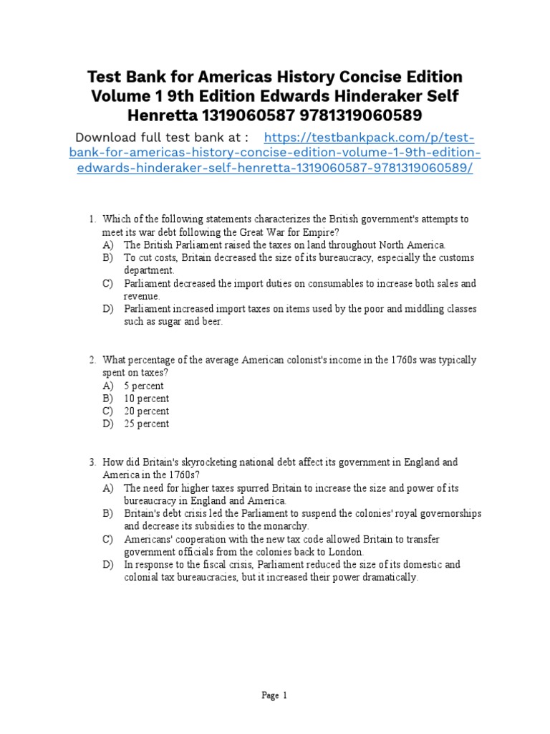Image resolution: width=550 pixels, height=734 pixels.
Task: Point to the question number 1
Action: click(92, 219)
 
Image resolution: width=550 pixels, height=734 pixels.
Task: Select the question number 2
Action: click(92, 360)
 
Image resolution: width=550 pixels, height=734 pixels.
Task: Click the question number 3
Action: click(92, 463)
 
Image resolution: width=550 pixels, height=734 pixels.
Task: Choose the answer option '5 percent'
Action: click(144, 386)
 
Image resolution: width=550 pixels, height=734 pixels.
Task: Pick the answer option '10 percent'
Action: click(146, 399)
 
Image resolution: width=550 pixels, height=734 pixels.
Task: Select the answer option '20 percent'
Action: click(146, 411)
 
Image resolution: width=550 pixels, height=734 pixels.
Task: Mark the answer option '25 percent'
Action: click(146, 424)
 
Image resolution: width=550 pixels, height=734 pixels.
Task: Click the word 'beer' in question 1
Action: click(212, 322)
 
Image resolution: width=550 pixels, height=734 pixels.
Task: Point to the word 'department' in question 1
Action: click(148, 271)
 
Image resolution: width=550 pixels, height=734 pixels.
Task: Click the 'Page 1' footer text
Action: click(274, 695)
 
